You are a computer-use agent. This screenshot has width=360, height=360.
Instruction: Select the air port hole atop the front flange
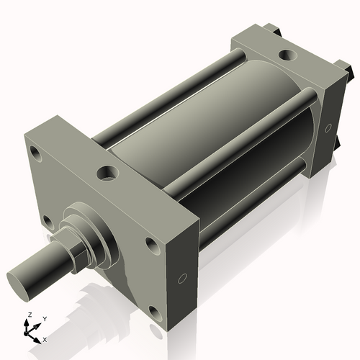109,173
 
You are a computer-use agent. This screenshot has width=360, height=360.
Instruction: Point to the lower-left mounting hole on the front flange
47,221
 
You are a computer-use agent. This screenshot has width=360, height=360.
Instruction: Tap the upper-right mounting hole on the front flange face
152,245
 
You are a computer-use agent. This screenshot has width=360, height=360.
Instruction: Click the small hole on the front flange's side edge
183,279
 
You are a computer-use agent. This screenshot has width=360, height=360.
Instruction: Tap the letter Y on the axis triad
44,318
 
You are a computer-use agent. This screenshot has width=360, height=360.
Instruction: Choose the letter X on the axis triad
45,338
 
